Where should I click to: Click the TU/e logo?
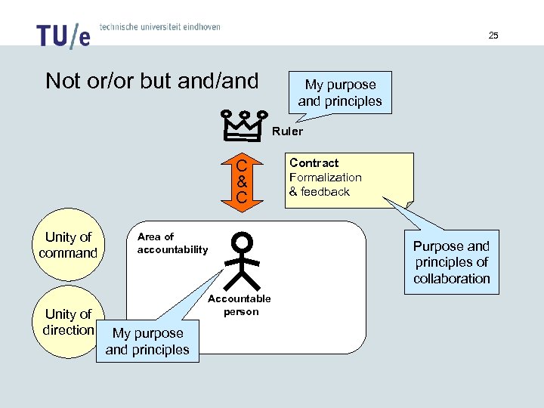click(x=63, y=36)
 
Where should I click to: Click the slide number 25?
click(x=493, y=36)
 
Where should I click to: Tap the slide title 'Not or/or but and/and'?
click(x=152, y=81)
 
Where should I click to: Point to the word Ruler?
click(x=287, y=131)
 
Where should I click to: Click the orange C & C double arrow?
click(x=241, y=182)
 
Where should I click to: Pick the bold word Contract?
click(x=314, y=163)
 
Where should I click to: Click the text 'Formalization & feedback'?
click(x=326, y=184)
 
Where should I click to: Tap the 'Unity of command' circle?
click(x=69, y=245)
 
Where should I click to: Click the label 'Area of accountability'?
click(x=172, y=243)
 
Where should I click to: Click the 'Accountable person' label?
click(x=241, y=305)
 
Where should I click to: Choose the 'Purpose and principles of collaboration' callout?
click(x=451, y=262)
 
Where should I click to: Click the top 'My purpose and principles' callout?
click(x=340, y=93)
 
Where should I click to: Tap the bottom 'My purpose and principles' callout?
click(x=147, y=342)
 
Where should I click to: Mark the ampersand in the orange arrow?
click(x=241, y=182)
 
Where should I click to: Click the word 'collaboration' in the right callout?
click(x=451, y=278)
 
